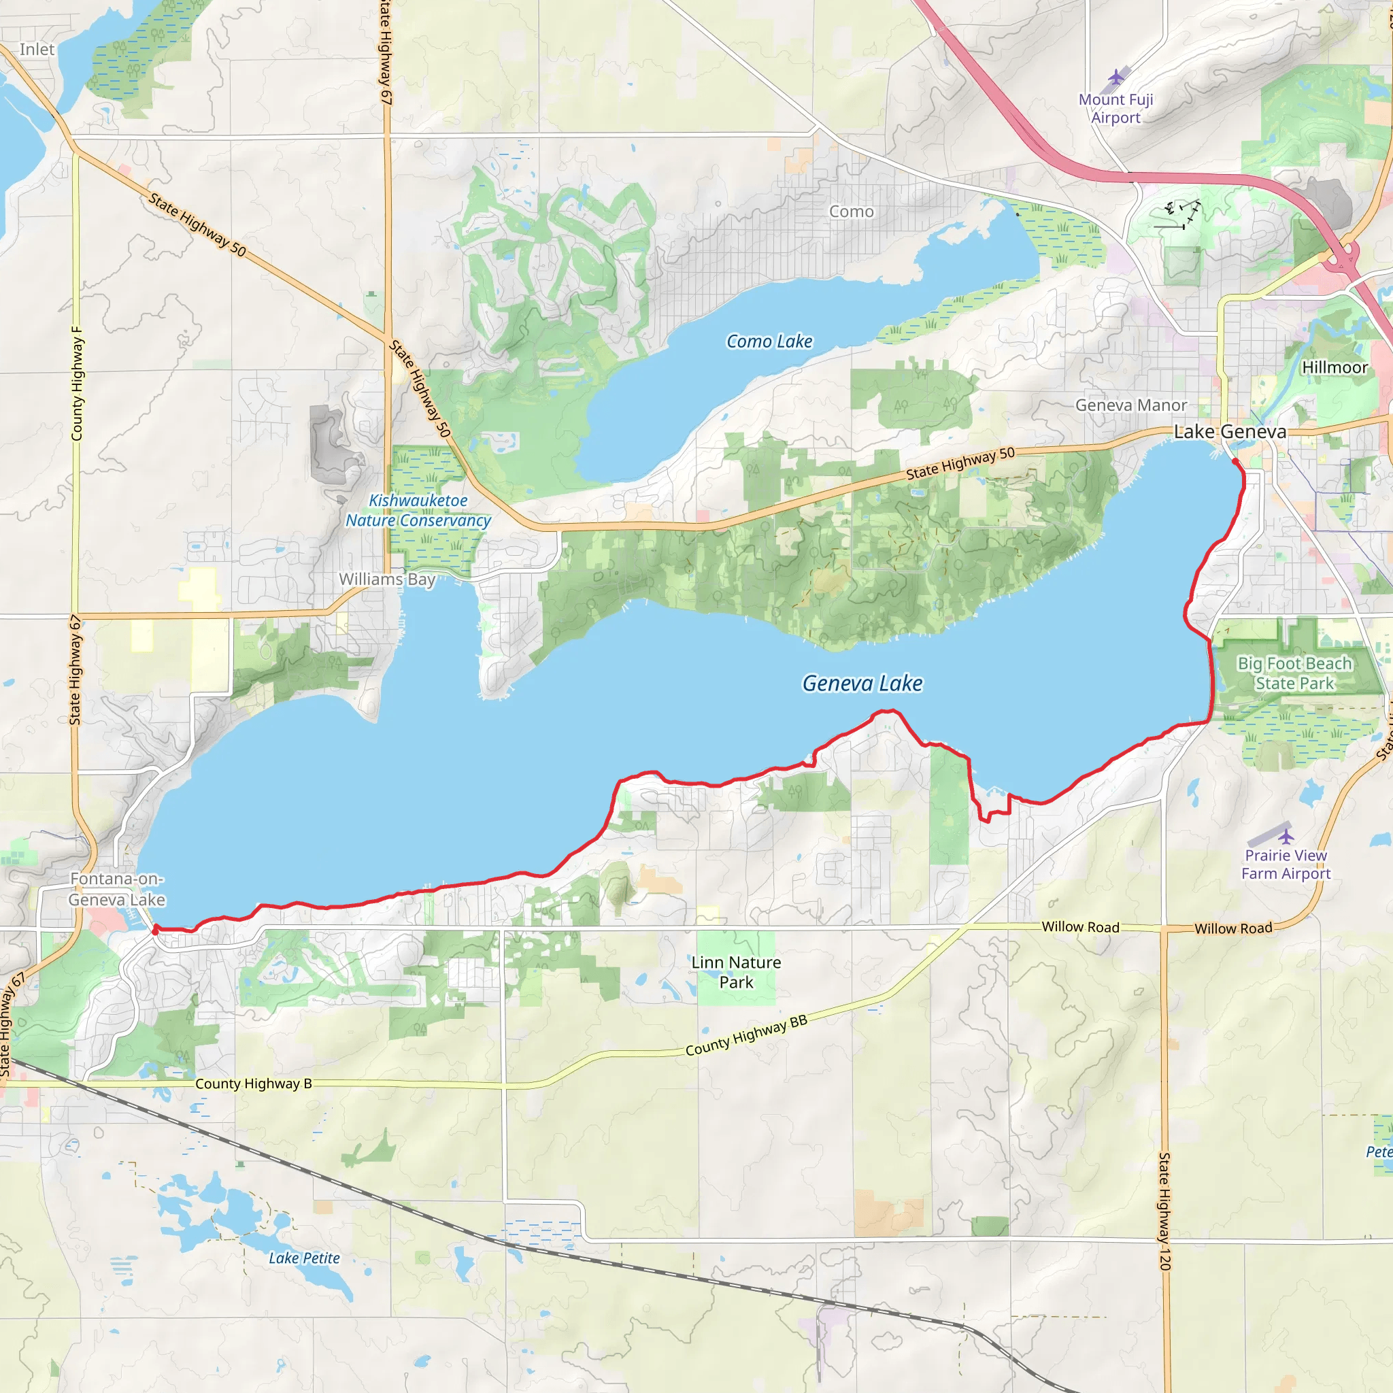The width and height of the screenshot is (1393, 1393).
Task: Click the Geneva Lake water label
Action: click(x=862, y=683)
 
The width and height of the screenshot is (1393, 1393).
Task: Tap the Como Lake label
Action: click(x=769, y=341)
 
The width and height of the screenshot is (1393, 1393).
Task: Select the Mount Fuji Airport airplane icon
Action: click(x=1116, y=76)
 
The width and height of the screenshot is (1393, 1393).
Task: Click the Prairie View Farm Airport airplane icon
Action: click(x=1286, y=837)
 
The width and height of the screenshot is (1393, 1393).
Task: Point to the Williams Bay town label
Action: click(x=387, y=579)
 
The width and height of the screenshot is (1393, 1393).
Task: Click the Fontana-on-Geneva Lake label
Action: click(x=117, y=889)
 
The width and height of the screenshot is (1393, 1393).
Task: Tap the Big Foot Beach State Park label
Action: click(x=1294, y=673)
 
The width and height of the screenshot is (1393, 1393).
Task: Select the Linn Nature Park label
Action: click(x=735, y=972)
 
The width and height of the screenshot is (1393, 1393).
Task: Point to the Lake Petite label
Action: click(x=304, y=1258)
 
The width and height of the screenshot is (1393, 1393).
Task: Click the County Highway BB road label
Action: click(x=746, y=1035)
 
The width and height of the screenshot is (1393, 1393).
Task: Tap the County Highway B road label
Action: click(x=253, y=1084)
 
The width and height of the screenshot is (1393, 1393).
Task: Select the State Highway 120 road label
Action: click(x=1164, y=1211)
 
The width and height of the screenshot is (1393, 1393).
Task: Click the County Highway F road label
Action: click(x=76, y=384)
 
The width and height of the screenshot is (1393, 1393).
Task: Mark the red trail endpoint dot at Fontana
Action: click(x=155, y=931)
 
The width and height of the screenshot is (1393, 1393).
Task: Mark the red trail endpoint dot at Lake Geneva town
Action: click(x=1235, y=461)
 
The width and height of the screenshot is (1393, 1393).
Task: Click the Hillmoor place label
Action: click(x=1335, y=367)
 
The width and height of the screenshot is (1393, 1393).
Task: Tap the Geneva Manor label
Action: click(x=1130, y=405)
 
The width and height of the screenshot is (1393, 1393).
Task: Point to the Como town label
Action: click(x=851, y=212)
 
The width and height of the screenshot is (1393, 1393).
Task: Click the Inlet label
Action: click(x=37, y=49)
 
